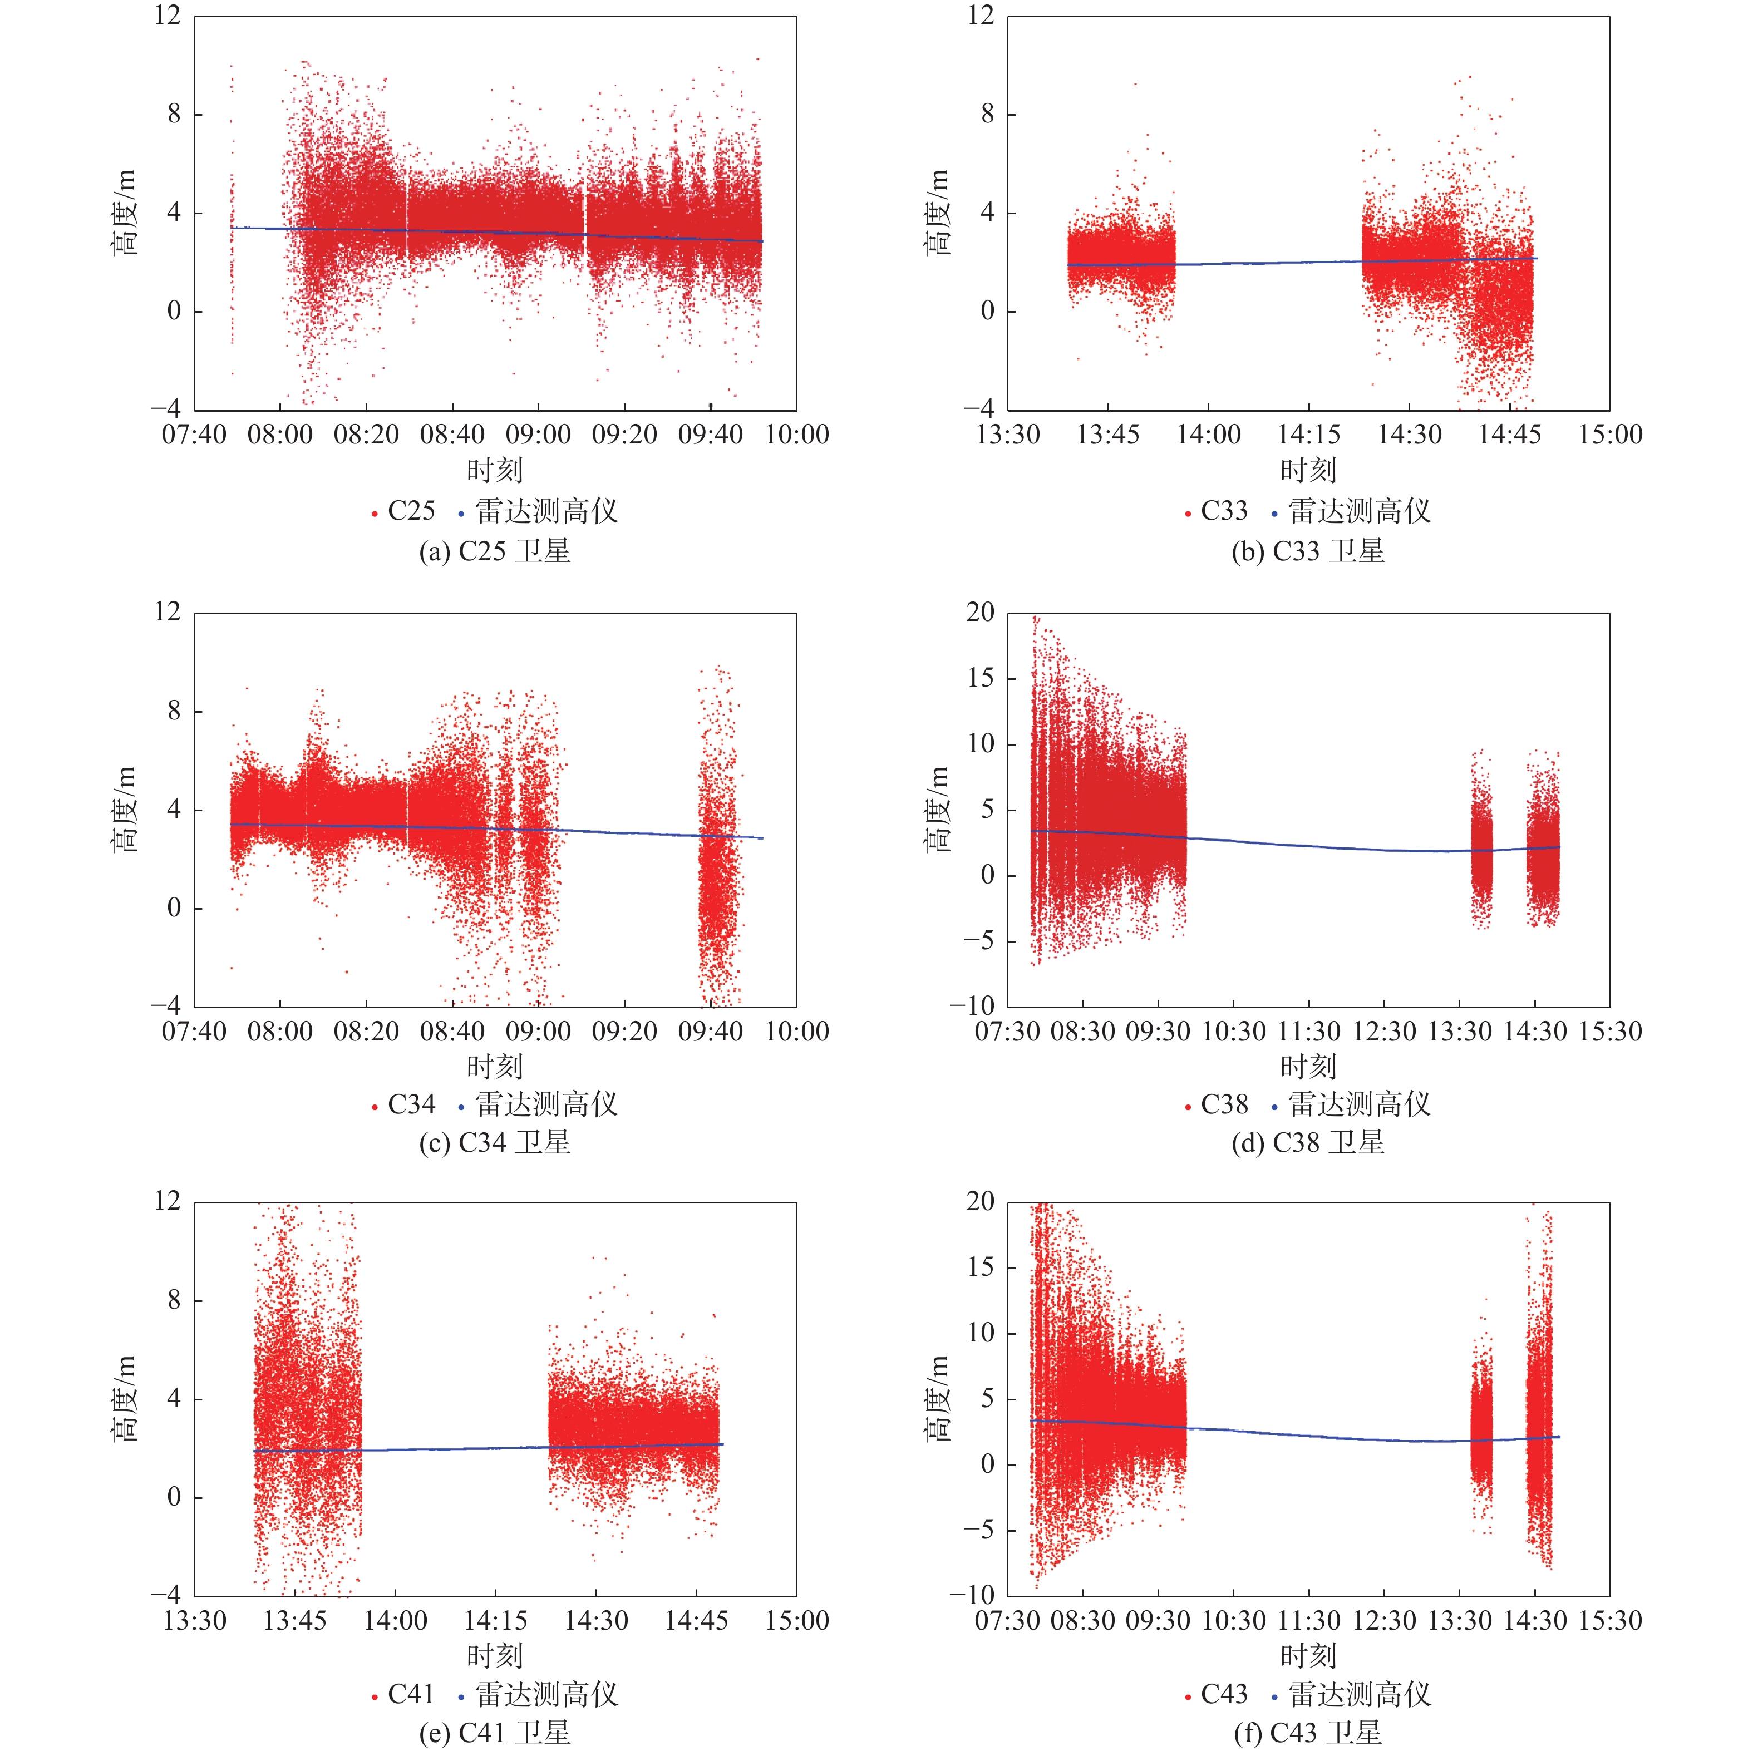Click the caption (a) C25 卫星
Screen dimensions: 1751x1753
(495, 551)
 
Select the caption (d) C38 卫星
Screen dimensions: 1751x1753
(1307, 1142)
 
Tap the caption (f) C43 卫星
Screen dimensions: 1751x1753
(1307, 1732)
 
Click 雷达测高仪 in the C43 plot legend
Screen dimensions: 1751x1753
(1358, 1694)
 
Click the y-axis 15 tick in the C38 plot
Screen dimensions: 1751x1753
(980, 678)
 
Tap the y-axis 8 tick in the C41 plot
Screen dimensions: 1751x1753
(173, 1300)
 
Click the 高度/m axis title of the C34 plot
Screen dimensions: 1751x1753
(124, 809)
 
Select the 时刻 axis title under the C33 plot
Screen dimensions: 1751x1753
(1307, 470)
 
